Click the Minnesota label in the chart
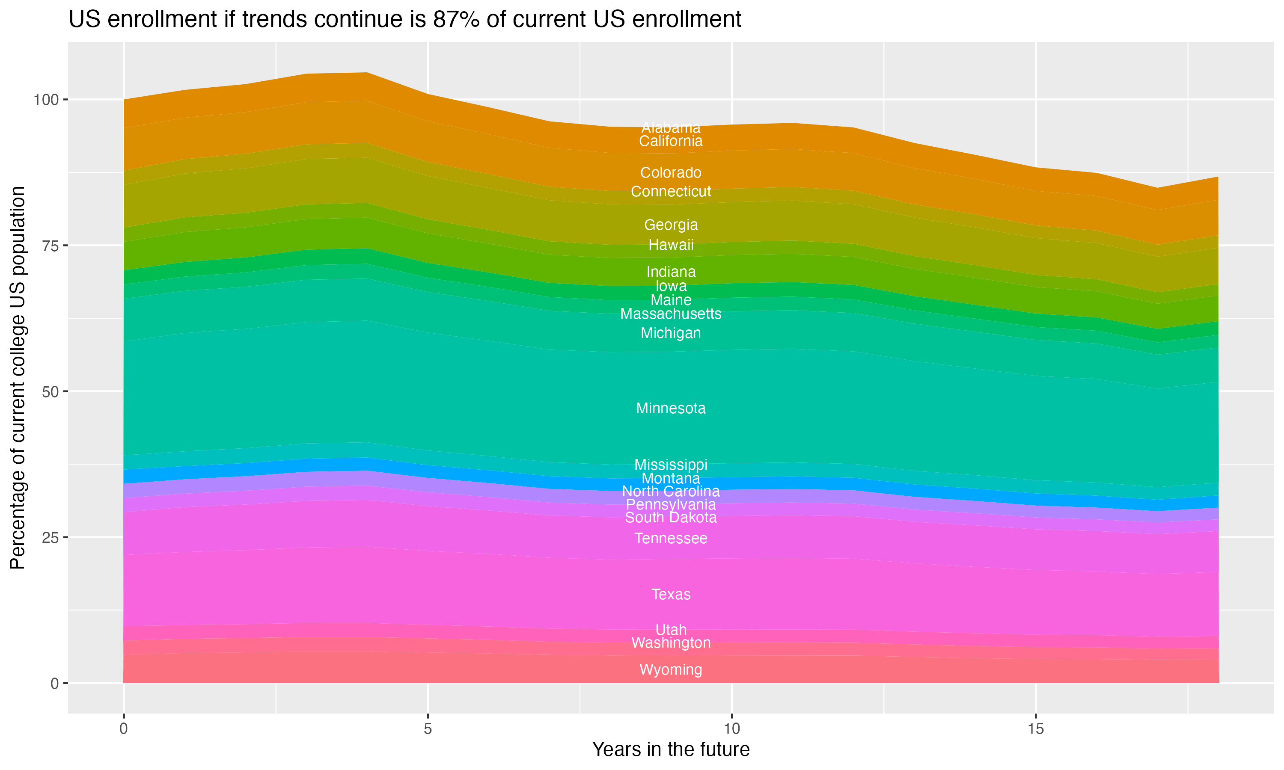pos(671,409)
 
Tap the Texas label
pos(671,594)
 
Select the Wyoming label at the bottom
pos(671,669)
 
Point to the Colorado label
pos(671,173)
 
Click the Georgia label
pos(671,225)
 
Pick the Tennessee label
pos(671,539)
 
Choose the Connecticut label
pos(671,192)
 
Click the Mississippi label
pos(671,465)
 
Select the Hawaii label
pos(671,245)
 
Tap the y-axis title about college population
pos(18,377)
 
